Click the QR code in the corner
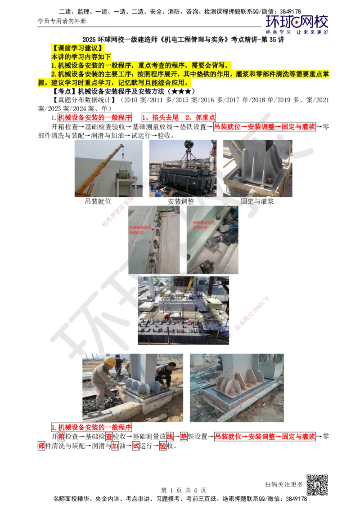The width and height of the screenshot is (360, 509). tap(316, 485)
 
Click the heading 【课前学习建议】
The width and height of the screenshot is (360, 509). tap(79, 48)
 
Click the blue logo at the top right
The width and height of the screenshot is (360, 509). tap(297, 24)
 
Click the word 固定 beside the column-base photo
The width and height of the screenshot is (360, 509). tap(247, 201)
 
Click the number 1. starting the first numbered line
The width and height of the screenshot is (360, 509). tap(53, 65)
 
